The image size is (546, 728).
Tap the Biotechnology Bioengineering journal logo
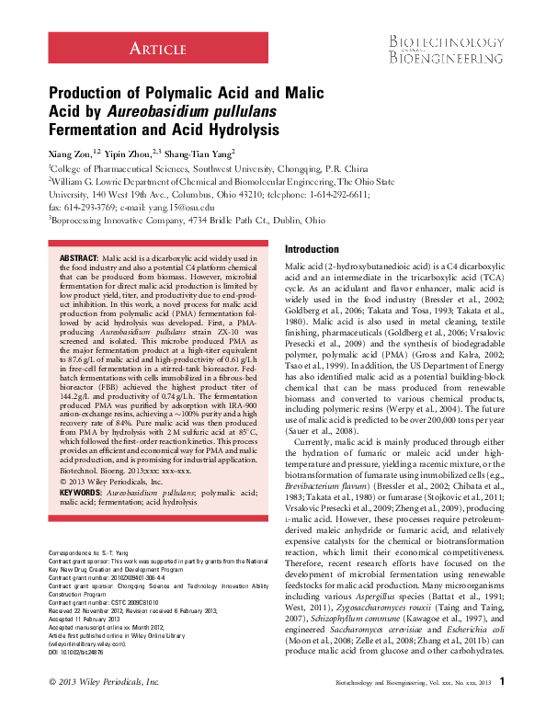click(443, 51)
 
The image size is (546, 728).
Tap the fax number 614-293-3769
click(85, 208)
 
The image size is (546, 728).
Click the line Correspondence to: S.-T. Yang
click(87, 577)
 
